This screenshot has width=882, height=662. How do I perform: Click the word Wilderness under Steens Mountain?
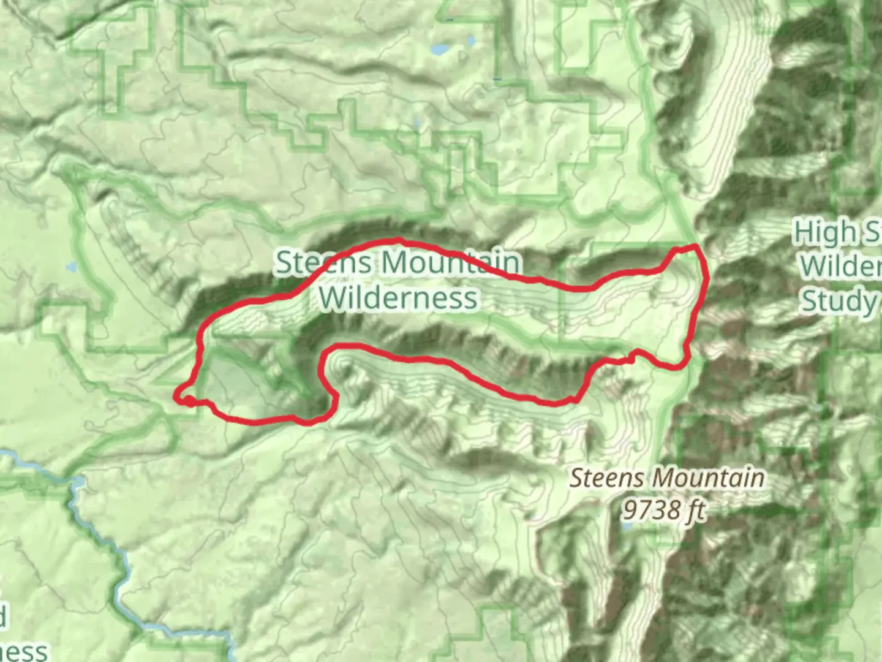point(398,299)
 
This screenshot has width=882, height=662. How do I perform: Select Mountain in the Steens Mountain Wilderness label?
point(450,262)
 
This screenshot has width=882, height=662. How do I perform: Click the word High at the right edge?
point(824,233)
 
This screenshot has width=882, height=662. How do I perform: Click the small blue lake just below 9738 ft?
point(627,526)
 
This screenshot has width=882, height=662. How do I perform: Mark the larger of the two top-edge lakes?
point(439,49)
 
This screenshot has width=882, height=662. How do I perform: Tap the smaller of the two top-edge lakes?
point(471,41)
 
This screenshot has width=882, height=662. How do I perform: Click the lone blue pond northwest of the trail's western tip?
point(71,267)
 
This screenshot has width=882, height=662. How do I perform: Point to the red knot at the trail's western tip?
point(187,400)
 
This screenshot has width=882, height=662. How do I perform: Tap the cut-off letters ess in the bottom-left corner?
point(23,651)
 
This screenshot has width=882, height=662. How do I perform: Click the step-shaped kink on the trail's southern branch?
point(632,356)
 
